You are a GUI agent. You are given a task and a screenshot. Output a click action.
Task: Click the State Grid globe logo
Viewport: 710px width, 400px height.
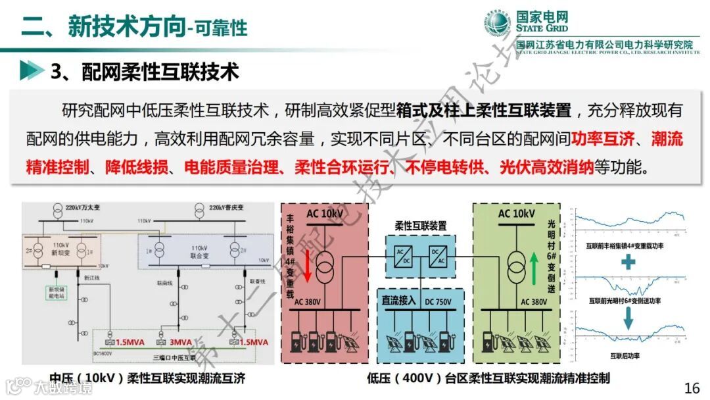(x=498, y=25)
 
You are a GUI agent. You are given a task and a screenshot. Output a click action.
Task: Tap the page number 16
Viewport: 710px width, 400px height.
(x=692, y=387)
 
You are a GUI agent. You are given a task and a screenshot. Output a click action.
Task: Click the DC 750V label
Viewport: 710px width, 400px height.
(x=443, y=301)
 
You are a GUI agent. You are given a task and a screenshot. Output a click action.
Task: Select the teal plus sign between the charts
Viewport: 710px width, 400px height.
(x=629, y=262)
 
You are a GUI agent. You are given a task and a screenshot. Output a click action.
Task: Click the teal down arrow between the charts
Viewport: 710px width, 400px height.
(x=629, y=320)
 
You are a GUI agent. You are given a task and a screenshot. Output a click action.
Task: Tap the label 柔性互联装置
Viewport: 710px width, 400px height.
(x=420, y=225)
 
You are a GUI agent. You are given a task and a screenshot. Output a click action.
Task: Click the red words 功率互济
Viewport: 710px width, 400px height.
(x=603, y=139)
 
